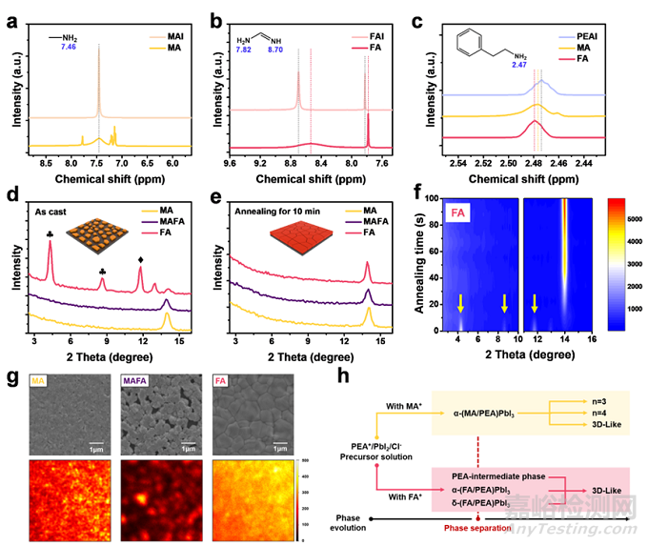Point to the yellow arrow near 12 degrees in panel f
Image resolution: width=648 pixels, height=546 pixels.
click(534, 303)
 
